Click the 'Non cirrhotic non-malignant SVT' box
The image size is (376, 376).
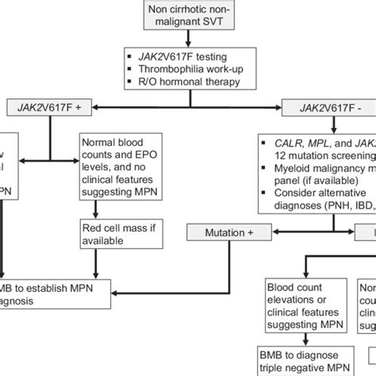click(188, 17)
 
